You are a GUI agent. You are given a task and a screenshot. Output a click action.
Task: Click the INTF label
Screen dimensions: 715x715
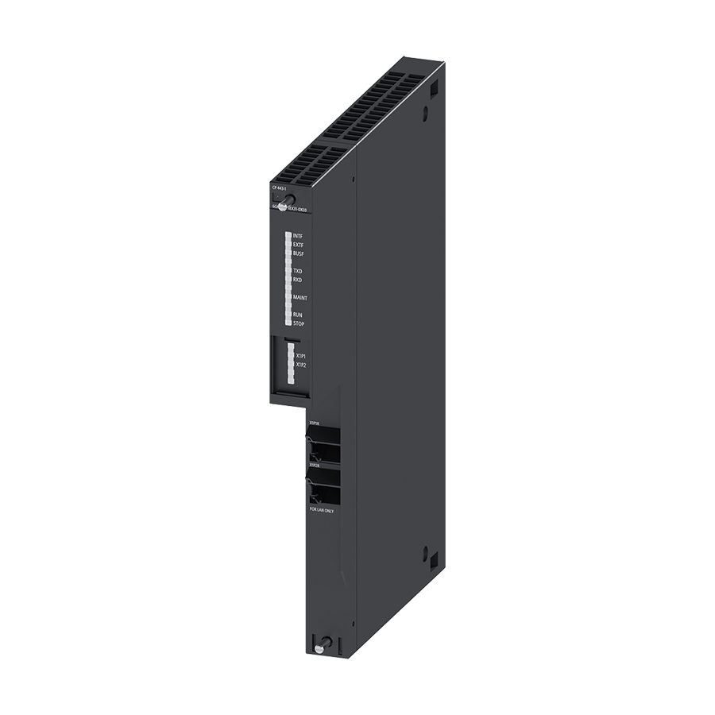(x=298, y=236)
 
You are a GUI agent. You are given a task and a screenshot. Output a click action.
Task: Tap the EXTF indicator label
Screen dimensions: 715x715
(x=298, y=245)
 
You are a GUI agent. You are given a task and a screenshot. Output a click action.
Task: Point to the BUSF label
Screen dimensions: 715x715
(x=298, y=253)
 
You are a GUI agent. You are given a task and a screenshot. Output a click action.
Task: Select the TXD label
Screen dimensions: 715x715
(x=297, y=271)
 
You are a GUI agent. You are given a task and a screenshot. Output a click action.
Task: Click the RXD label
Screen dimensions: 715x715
(x=297, y=280)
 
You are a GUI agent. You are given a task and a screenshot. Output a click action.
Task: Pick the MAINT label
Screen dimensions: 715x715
(x=300, y=297)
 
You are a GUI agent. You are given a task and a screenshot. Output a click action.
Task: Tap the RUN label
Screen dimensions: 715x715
(x=297, y=315)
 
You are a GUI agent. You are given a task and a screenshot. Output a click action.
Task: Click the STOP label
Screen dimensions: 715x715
(x=298, y=323)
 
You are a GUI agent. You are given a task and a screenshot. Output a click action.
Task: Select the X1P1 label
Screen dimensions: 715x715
(x=301, y=356)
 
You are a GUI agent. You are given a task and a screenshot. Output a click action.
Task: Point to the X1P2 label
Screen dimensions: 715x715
(x=301, y=365)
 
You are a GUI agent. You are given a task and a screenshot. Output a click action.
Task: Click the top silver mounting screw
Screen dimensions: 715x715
(x=290, y=202)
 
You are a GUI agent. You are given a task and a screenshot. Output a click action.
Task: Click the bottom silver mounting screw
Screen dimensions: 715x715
(x=319, y=647)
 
